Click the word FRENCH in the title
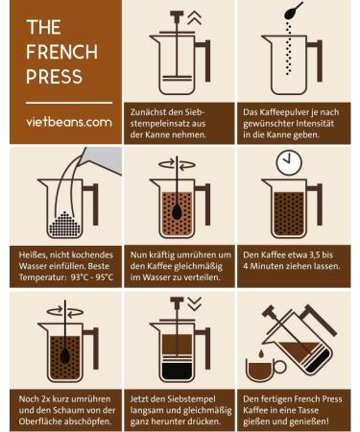tap(61, 52)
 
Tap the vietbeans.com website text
tap(69, 122)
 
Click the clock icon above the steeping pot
tap(289, 163)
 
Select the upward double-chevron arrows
tap(195, 17)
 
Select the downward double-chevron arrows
tap(195, 304)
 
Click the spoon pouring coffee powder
tap(294, 11)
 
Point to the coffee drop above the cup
tap(261, 353)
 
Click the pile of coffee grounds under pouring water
tap(64, 224)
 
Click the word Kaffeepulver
tap(276, 112)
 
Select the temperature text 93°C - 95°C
tap(92, 277)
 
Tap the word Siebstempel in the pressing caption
tap(191, 399)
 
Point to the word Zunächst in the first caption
tap(146, 112)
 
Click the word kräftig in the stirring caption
tap(161, 255)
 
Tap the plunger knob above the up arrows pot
tap(177, 13)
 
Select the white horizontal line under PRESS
tap(69, 103)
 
